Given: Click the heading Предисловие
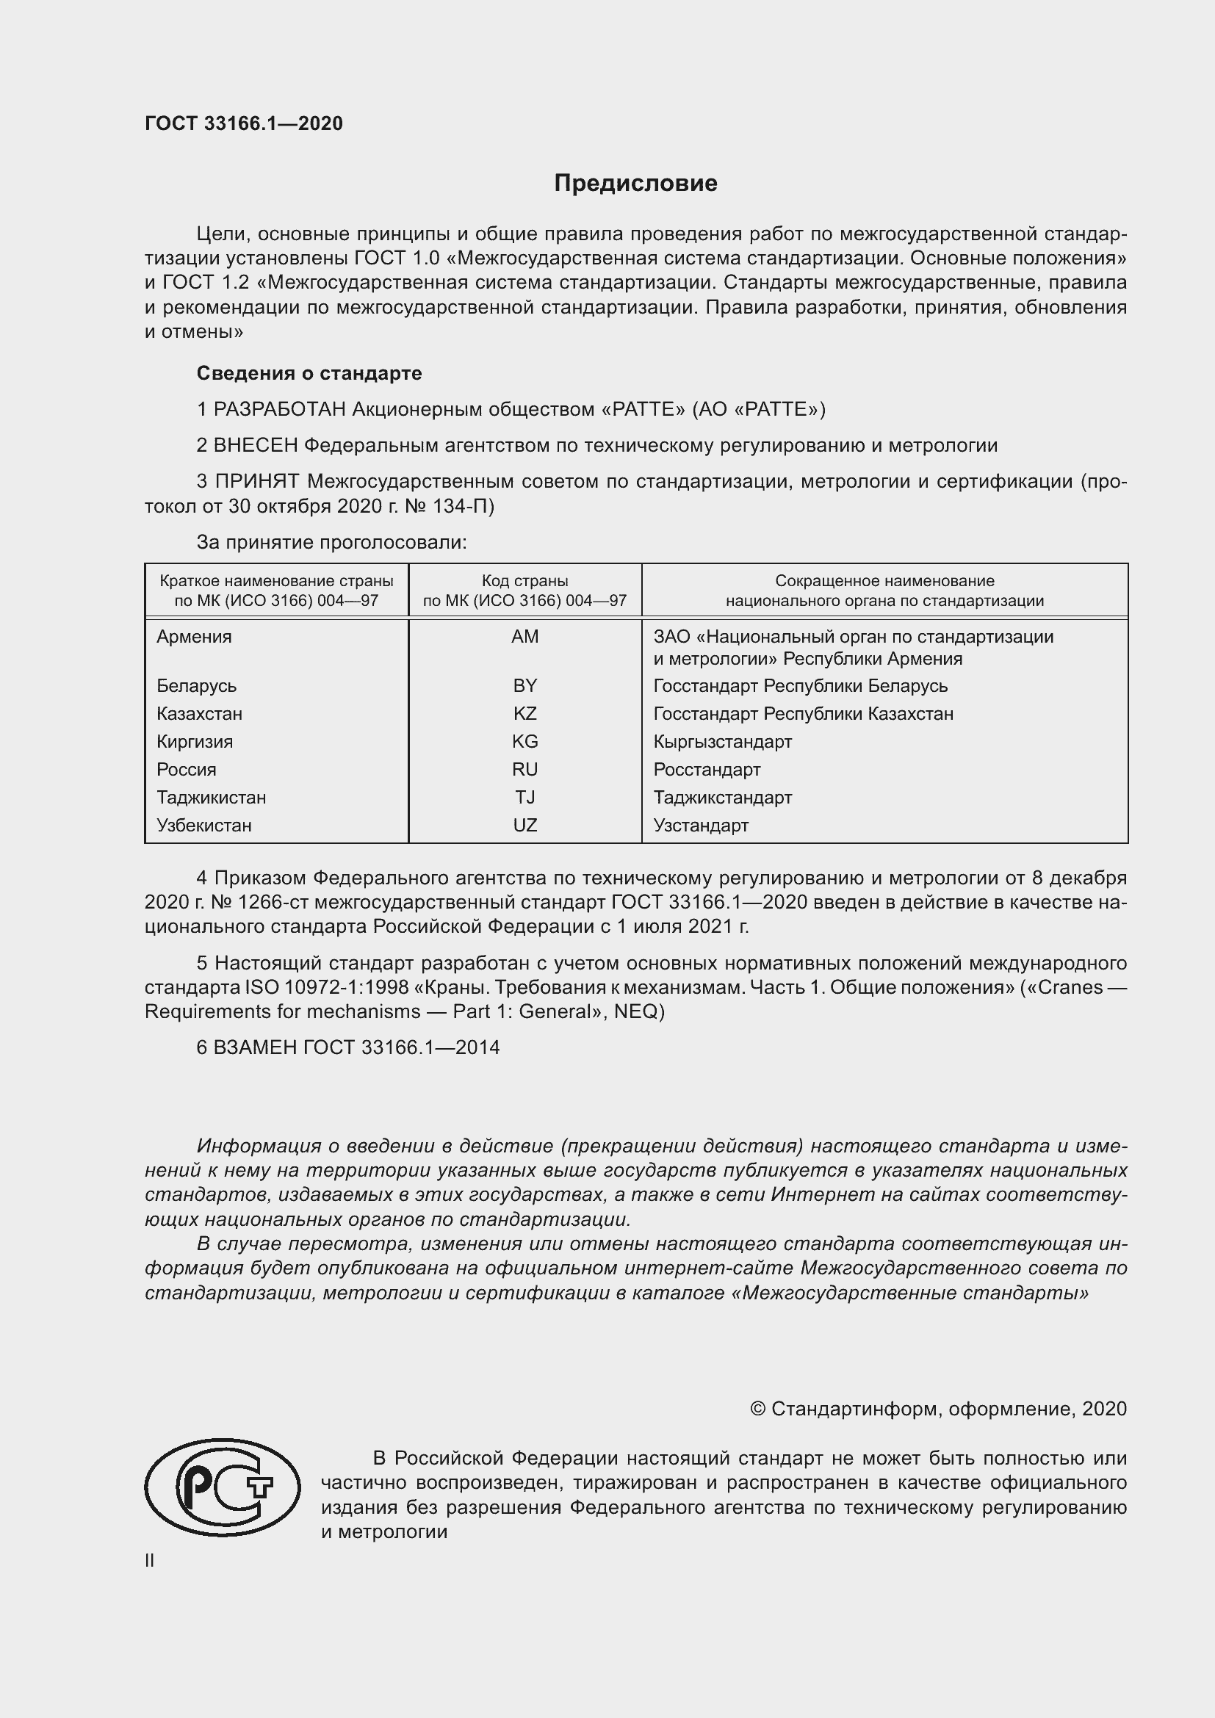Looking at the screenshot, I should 635,184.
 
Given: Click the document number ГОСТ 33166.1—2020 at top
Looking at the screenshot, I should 244,123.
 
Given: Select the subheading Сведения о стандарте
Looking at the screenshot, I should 309,372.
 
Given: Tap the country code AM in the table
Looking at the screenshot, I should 524,636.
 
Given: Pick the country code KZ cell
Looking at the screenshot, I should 524,713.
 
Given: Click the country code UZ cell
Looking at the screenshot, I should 524,825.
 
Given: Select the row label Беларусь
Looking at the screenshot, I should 196,685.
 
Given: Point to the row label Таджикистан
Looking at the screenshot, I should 211,797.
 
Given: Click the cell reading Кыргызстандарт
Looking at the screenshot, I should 722,742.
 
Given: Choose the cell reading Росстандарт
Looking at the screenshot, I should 706,769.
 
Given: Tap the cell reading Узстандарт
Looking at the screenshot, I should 700,825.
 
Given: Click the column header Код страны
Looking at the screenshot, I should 524,581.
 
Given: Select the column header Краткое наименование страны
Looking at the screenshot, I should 276,581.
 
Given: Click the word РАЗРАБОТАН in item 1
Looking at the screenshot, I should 280,409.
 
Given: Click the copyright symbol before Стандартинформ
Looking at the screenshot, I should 757,1409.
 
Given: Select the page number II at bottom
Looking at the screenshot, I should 150,1560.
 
